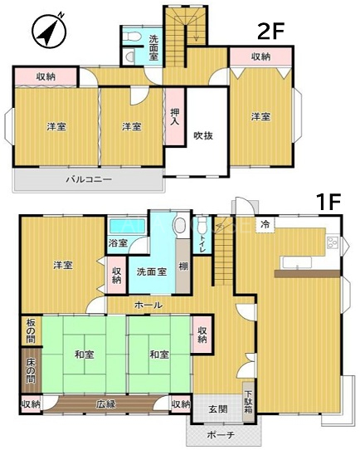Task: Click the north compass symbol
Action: point(48,32)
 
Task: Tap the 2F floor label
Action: point(270,32)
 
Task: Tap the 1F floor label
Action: point(328,202)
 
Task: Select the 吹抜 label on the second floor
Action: point(203,135)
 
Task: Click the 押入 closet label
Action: point(174,116)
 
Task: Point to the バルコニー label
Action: point(89,180)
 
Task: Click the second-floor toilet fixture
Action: point(131,37)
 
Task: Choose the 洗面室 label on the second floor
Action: point(153,47)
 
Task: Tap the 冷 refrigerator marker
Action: point(265,225)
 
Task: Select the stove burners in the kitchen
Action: point(333,242)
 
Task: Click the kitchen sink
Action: point(297,262)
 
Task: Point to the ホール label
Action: point(148,305)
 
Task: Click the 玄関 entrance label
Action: point(218,409)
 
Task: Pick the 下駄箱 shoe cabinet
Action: point(248,402)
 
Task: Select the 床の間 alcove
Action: point(32,370)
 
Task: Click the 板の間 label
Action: point(31,331)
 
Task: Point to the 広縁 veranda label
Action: point(106,404)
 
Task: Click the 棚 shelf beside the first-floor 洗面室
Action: point(183,267)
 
